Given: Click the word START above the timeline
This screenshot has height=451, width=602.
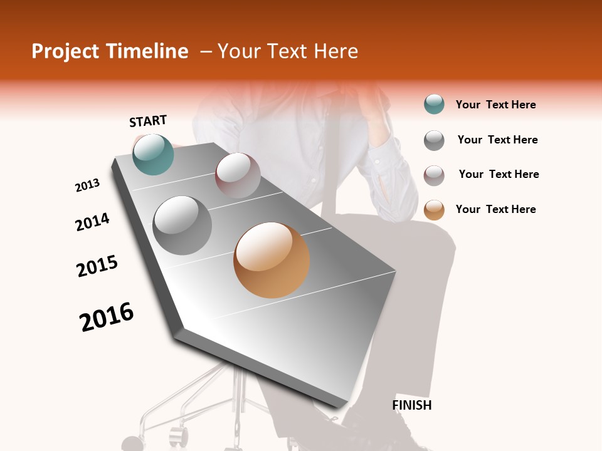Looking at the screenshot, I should click(148, 121).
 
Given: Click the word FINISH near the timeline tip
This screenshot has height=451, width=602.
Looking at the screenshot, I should click(412, 405).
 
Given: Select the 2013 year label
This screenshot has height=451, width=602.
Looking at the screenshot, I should click(87, 185).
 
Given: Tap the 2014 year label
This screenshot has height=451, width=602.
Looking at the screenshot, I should click(92, 222).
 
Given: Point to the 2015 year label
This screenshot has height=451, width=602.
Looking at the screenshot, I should click(97, 266).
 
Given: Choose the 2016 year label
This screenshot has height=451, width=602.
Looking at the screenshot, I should click(107, 317).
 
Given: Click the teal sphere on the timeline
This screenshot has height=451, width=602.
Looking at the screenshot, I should click(153, 154).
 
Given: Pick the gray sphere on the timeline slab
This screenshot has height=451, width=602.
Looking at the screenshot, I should click(182, 225).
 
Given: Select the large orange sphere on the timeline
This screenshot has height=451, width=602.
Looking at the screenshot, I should click(272, 260).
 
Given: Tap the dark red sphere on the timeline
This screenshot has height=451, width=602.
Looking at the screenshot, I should click(238, 175).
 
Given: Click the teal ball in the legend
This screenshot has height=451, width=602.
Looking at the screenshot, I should click(434, 105).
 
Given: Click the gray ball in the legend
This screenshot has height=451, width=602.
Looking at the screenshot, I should click(434, 140).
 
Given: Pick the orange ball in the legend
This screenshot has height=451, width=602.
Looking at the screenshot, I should click(434, 210).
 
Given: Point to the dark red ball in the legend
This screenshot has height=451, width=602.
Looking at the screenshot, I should click(434, 175).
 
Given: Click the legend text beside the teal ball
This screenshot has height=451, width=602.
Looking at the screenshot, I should click(495, 105).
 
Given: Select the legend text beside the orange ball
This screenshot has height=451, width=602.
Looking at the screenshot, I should click(495, 209).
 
